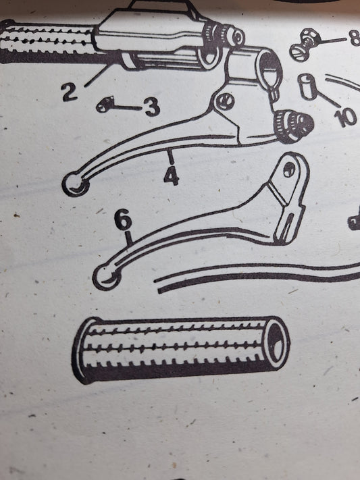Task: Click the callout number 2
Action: tap(70, 92)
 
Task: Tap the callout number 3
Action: tap(153, 107)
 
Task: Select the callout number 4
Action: tap(172, 177)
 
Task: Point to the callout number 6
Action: tap(123, 221)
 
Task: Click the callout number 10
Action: tap(346, 118)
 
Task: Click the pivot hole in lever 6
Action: tap(288, 169)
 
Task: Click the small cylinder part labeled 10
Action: tap(307, 86)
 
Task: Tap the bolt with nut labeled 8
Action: tap(305, 47)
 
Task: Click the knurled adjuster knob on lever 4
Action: tap(293, 126)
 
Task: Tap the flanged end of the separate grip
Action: tap(80, 350)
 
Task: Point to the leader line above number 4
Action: tap(171, 157)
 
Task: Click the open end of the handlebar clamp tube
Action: tap(269, 65)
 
